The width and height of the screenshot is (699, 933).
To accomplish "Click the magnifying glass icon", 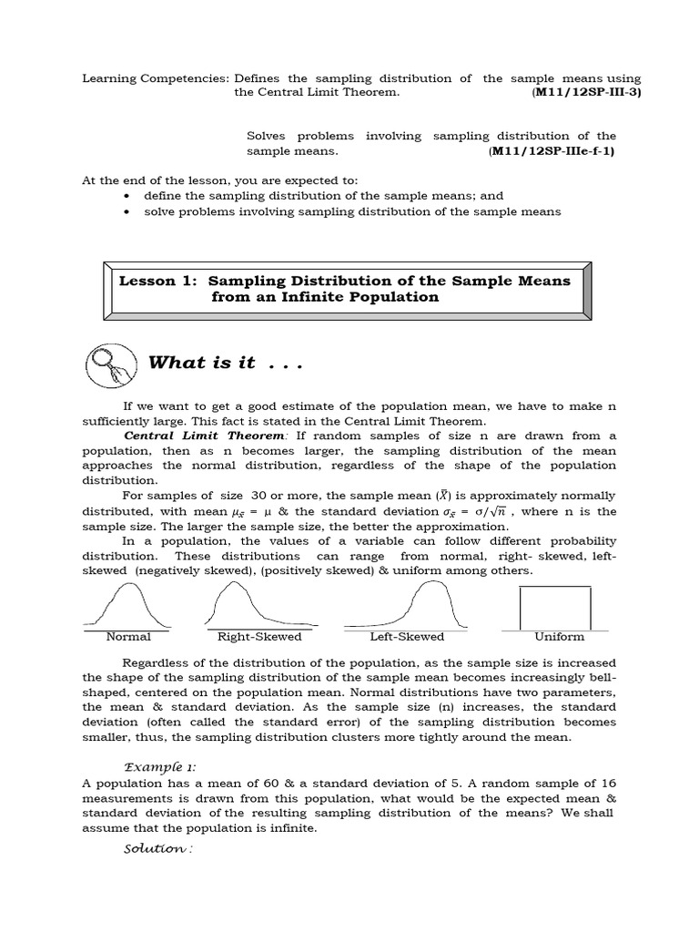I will [109, 364].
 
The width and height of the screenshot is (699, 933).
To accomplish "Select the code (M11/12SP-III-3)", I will [586, 93].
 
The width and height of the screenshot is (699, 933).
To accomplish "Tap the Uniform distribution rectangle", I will [554, 607].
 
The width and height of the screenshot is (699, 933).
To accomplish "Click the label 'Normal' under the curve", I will [128, 637].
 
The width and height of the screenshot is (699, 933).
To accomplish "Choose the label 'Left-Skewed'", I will [407, 637].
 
